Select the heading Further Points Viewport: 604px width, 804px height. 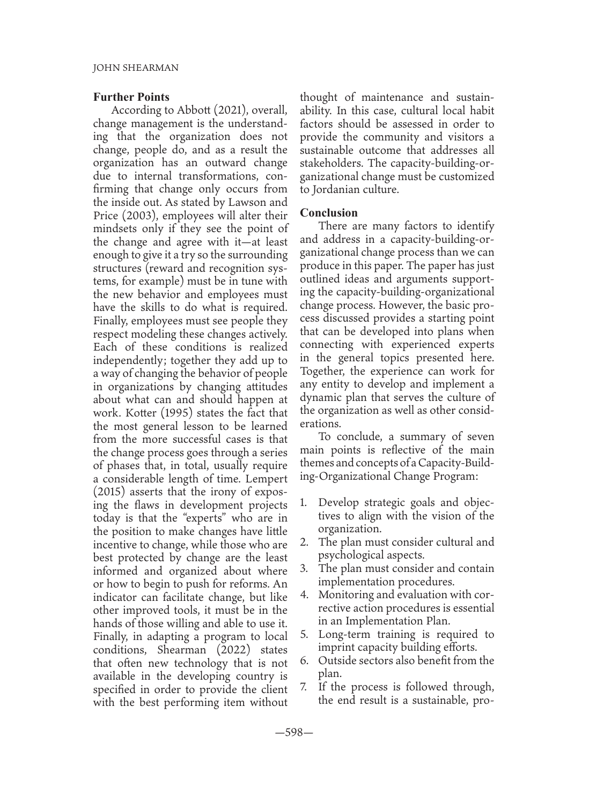tap(131, 97)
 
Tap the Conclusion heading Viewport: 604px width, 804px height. tap(329, 213)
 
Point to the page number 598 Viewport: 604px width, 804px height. tap(294, 733)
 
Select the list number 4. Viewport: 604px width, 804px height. tap(304, 594)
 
